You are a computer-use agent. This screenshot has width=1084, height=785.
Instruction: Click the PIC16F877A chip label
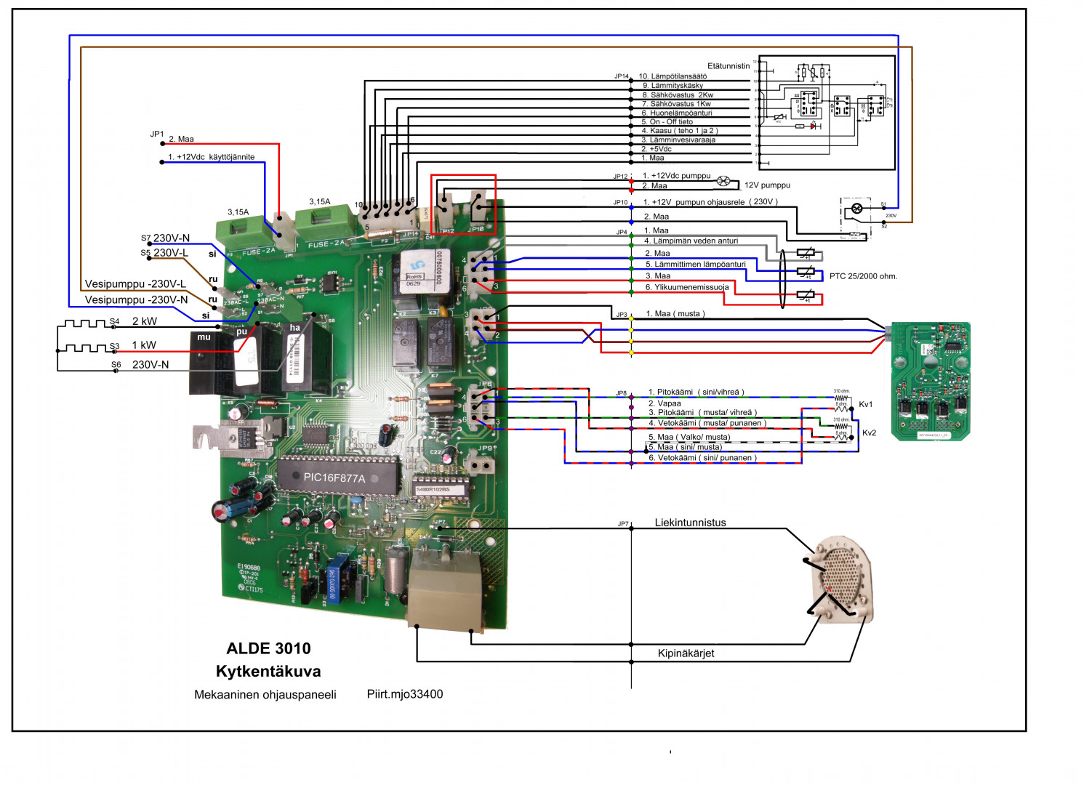tap(334, 478)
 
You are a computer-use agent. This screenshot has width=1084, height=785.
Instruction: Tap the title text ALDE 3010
tap(268, 648)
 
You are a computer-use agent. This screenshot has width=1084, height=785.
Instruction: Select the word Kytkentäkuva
tap(268, 672)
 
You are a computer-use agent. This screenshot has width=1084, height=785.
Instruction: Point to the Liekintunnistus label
tap(690, 523)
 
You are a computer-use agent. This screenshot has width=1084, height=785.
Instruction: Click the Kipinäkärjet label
tap(686, 653)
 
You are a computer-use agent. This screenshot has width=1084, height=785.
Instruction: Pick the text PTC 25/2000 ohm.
tap(863, 276)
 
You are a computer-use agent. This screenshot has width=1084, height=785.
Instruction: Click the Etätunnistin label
tap(728, 66)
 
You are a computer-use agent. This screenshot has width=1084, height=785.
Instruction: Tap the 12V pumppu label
tap(767, 185)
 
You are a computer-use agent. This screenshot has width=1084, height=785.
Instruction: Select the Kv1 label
tap(865, 405)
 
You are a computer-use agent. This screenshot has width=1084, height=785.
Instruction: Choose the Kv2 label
tap(869, 433)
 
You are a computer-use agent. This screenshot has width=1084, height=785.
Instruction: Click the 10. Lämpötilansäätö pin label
tap(673, 76)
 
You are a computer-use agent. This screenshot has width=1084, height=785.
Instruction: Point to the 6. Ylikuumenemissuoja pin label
tap(687, 287)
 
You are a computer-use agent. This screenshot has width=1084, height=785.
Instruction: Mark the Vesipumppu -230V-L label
tap(135, 284)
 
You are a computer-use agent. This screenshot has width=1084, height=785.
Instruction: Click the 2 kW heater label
tap(144, 321)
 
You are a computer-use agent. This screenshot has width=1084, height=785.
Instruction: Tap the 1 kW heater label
tap(144, 345)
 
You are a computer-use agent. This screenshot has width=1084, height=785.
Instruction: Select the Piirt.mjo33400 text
tap(404, 694)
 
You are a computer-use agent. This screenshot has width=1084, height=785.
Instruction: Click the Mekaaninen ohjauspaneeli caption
tap(265, 695)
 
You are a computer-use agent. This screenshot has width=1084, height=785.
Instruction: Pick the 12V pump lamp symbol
tap(723, 181)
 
